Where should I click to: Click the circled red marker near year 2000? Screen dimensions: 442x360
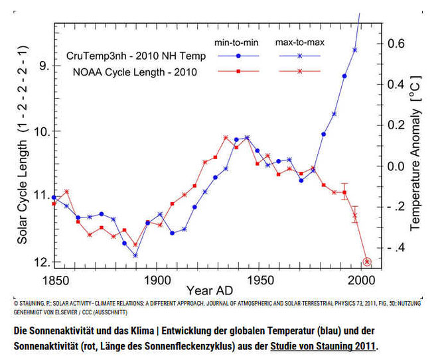click(367, 262)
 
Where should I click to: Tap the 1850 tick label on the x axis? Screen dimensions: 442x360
click(55, 280)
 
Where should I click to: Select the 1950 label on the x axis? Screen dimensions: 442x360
click(260, 280)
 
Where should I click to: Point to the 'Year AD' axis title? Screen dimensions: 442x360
click(210, 290)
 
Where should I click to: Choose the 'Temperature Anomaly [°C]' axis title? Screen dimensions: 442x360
click(415, 153)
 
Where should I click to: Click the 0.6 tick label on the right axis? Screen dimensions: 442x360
click(396, 43)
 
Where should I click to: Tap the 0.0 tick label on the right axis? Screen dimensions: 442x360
click(396, 166)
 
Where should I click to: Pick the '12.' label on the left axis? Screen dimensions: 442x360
click(42, 263)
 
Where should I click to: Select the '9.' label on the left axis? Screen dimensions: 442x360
click(44, 66)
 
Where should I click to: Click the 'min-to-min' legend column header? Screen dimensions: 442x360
click(236, 42)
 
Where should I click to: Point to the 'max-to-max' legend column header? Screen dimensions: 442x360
click(300, 42)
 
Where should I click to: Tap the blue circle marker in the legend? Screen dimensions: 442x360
click(238, 56)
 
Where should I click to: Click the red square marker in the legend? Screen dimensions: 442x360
click(238, 72)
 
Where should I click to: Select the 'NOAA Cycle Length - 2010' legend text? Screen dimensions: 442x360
click(135, 72)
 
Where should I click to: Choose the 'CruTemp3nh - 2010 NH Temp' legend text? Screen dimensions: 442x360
click(136, 56)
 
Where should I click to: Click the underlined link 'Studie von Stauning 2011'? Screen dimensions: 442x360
click(323, 346)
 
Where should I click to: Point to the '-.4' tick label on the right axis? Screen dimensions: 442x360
click(396, 248)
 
